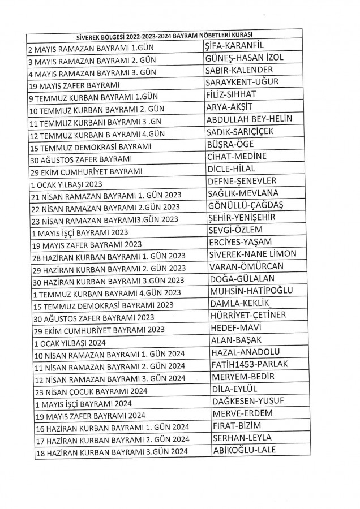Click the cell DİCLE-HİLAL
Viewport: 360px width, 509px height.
pos(233,169)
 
